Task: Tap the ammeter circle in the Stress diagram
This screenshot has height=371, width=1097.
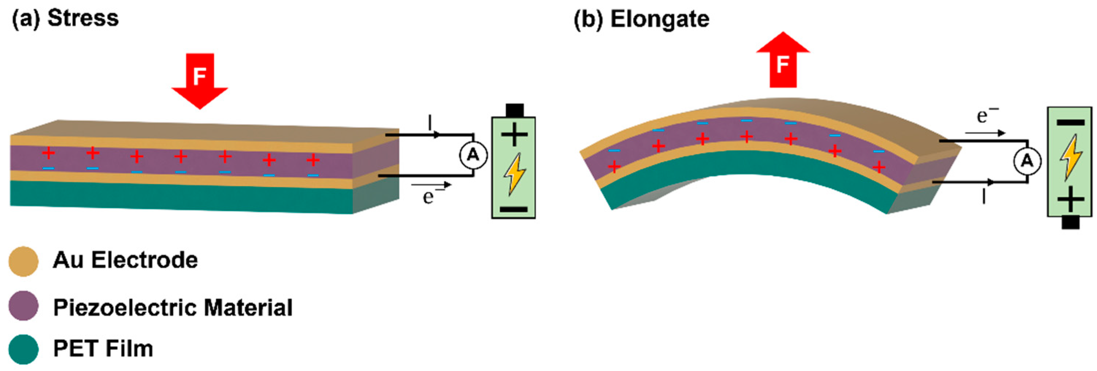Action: click(x=473, y=155)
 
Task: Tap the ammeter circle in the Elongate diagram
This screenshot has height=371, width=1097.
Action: click(x=1027, y=161)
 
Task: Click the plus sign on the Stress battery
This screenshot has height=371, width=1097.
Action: click(x=514, y=135)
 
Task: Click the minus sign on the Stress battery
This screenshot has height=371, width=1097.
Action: click(x=513, y=209)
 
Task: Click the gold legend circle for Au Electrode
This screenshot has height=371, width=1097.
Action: click(x=23, y=261)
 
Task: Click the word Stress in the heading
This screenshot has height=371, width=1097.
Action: click(x=83, y=18)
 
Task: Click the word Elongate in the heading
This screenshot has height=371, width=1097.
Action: click(x=660, y=19)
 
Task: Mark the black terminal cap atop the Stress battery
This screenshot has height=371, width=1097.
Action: click(x=514, y=110)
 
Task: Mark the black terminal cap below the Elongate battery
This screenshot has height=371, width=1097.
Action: click(x=1070, y=223)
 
